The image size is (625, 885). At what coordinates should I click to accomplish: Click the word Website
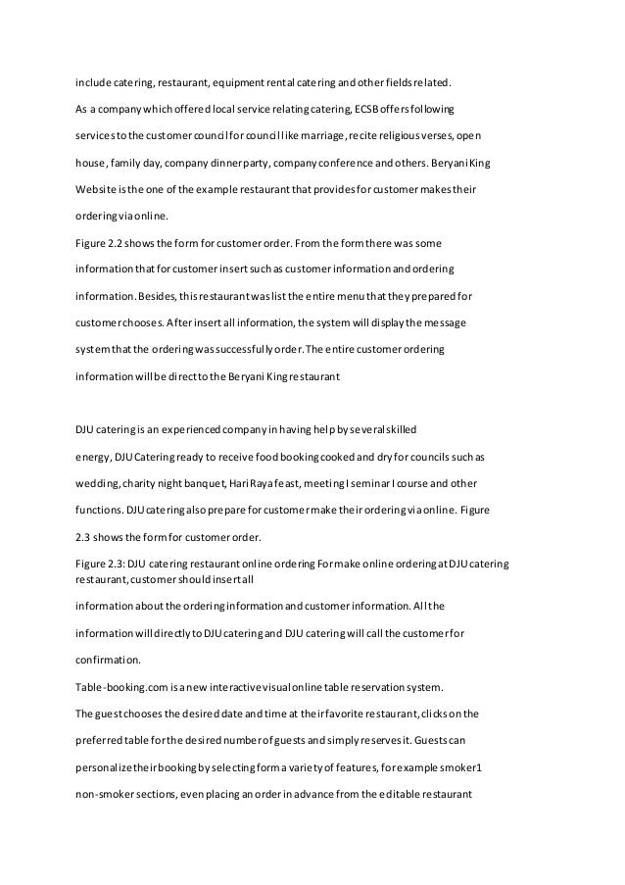(x=98, y=186)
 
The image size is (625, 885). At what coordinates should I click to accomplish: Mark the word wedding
(x=99, y=481)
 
